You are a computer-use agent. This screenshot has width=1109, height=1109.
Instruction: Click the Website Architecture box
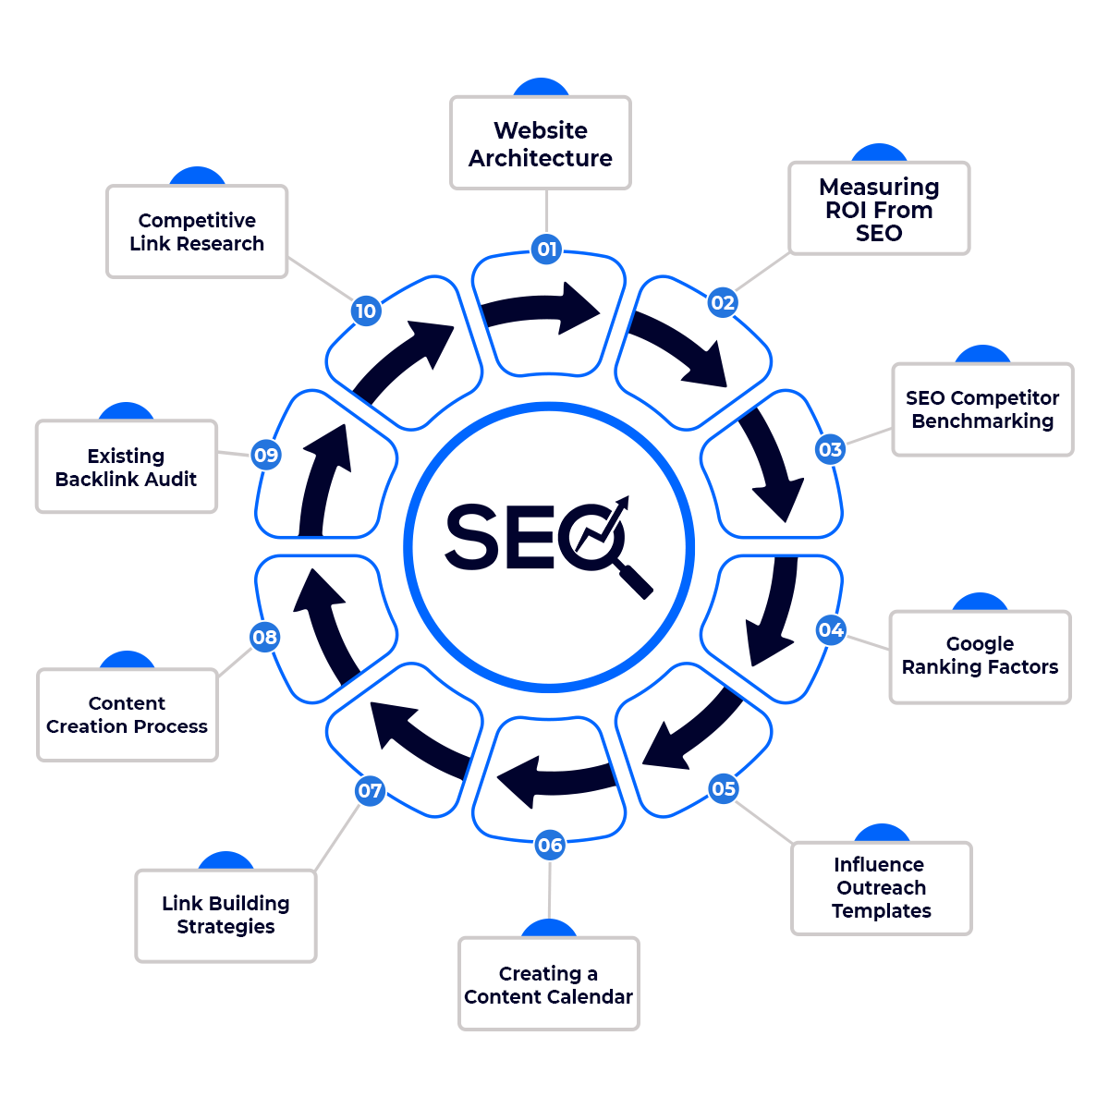(x=541, y=143)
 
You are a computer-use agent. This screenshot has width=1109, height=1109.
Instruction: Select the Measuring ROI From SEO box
(x=879, y=209)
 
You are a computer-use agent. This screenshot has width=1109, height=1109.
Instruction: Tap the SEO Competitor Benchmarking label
(x=982, y=409)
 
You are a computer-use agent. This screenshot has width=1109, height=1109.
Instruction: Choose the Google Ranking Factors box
(x=980, y=656)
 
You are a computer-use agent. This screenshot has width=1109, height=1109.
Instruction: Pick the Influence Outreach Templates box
(x=881, y=887)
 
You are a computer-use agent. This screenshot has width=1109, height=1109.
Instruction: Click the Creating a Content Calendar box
(x=548, y=984)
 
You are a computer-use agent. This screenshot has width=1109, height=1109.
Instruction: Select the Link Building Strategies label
(x=225, y=915)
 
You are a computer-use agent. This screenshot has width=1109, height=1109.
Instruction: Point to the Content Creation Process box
(x=128, y=715)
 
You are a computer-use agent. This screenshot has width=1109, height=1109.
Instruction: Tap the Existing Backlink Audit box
(x=126, y=467)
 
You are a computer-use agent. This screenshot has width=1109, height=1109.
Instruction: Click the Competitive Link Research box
(x=197, y=232)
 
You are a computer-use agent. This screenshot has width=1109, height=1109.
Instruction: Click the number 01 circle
(x=546, y=249)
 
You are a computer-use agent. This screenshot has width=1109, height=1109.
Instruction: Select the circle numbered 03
(x=830, y=449)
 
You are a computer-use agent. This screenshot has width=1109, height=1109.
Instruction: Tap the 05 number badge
(x=723, y=788)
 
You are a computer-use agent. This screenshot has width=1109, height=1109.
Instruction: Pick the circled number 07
(x=370, y=790)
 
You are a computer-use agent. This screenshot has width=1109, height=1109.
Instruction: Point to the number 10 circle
(x=366, y=311)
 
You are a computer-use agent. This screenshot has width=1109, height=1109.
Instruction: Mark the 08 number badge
(x=264, y=637)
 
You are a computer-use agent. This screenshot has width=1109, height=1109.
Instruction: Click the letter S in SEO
(x=473, y=536)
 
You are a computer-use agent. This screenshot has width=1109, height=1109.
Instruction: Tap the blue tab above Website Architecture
(x=541, y=85)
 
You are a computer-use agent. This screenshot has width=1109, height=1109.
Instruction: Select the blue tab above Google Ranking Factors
(x=980, y=600)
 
